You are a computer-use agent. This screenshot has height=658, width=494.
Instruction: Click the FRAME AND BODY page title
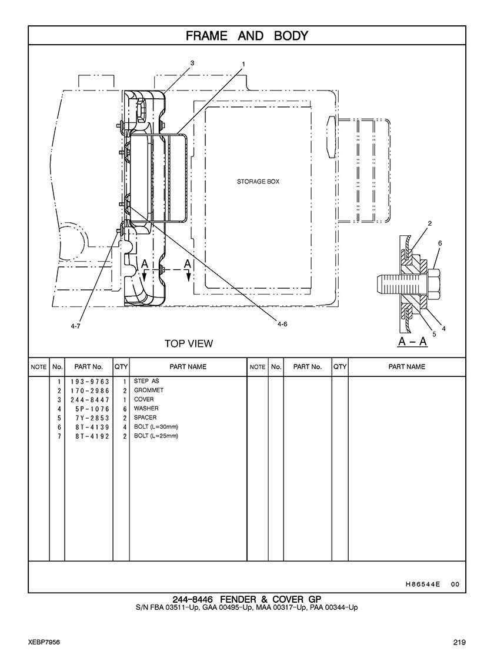click(247, 36)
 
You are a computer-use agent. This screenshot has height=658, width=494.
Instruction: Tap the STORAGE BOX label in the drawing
click(258, 182)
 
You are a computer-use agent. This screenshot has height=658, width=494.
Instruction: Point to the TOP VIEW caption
click(188, 343)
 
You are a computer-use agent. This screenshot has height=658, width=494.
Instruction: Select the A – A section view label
click(412, 342)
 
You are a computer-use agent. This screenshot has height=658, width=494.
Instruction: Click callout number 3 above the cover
click(192, 63)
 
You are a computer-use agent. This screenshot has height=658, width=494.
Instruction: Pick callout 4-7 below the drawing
click(75, 326)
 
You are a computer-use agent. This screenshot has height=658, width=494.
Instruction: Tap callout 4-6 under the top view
click(282, 324)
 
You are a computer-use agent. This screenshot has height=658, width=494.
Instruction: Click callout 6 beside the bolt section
click(440, 243)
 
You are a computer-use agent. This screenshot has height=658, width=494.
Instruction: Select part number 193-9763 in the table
click(90, 382)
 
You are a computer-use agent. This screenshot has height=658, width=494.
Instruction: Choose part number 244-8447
click(90, 399)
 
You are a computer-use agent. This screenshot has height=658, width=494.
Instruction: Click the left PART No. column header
click(89, 367)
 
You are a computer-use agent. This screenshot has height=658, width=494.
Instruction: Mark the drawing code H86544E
click(423, 584)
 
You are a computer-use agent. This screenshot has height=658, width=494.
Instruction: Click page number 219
click(459, 642)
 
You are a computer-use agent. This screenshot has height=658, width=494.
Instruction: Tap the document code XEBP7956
click(44, 642)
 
